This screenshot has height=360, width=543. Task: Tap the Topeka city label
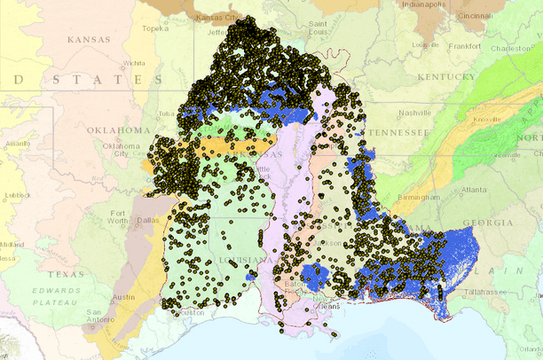154,28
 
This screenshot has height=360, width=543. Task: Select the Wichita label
135,64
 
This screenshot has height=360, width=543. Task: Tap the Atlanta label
473,189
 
